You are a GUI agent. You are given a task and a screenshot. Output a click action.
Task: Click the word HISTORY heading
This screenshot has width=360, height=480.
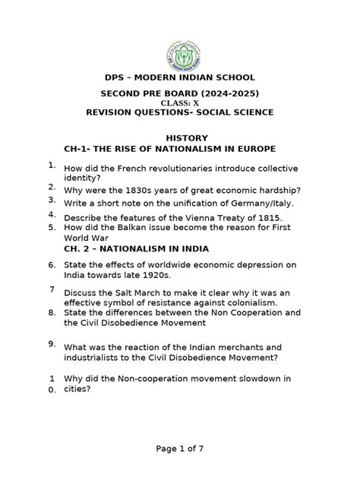coord(180,137)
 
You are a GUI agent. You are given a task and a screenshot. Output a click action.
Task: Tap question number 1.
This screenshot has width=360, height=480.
coord(50,165)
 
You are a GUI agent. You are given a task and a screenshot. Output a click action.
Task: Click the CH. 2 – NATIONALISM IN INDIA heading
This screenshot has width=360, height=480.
coord(137,249)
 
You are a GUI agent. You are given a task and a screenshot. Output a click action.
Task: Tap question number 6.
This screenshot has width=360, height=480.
coord(51,265)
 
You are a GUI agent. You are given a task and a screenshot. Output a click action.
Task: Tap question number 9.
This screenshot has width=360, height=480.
coord(51,343)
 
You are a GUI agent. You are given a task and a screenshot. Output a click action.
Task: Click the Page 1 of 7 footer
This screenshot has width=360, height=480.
coord(180,449)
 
